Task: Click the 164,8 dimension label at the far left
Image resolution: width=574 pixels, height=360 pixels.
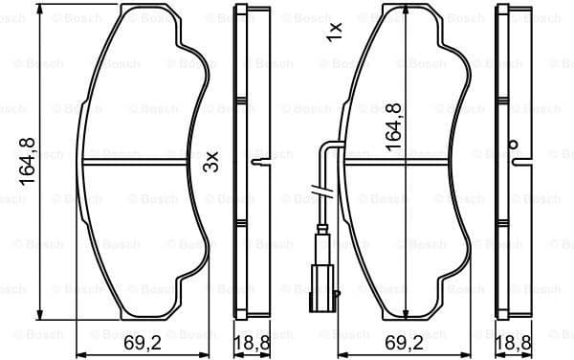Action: (29, 161)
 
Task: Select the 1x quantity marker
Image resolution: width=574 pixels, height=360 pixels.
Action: (334, 33)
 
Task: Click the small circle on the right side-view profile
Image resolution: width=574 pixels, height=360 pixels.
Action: (515, 146)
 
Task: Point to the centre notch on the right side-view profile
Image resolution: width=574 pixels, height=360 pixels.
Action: (520, 162)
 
